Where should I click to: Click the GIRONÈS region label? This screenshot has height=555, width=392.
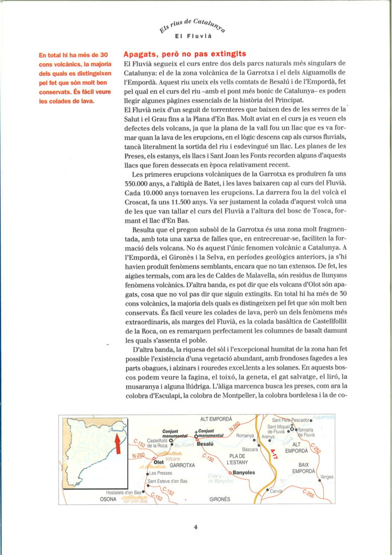(x=219, y=499)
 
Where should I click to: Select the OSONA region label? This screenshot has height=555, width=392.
(x=108, y=499)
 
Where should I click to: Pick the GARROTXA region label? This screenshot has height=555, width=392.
(x=182, y=466)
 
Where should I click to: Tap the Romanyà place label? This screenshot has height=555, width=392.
(x=245, y=436)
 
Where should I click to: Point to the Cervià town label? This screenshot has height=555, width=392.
(x=276, y=491)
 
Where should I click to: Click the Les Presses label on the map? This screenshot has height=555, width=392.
(x=161, y=473)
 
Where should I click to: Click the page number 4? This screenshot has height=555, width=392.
(x=195, y=526)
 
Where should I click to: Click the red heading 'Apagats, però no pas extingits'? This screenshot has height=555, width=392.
(x=185, y=54)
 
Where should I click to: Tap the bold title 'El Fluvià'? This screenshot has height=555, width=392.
(x=195, y=37)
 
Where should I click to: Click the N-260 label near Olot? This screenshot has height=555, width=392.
(x=138, y=455)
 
